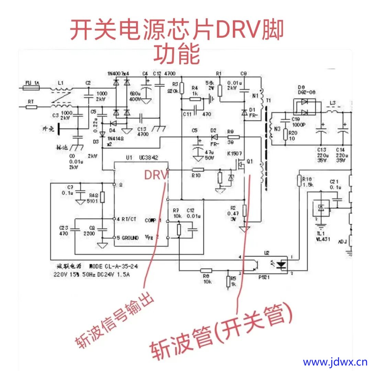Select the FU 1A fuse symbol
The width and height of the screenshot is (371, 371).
coord(31,88)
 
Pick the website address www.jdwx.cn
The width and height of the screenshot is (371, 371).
coord(335,362)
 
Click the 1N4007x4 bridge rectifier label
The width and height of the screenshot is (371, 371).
coord(118,74)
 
